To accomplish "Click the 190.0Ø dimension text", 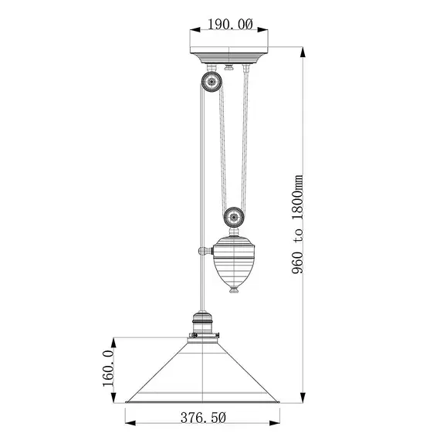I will (231, 25).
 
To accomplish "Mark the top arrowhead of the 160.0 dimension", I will (115, 340).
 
